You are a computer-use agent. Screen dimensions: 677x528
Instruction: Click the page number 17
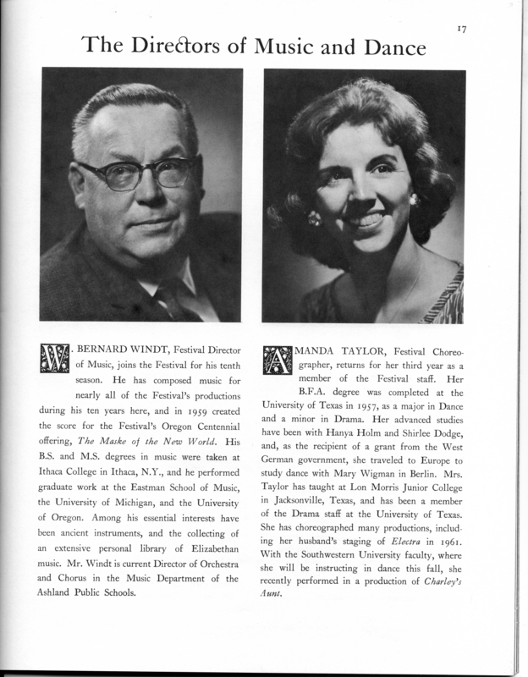[462, 28]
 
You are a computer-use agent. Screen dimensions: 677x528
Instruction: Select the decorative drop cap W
[56, 357]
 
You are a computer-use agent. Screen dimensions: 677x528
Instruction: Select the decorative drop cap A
[279, 357]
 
